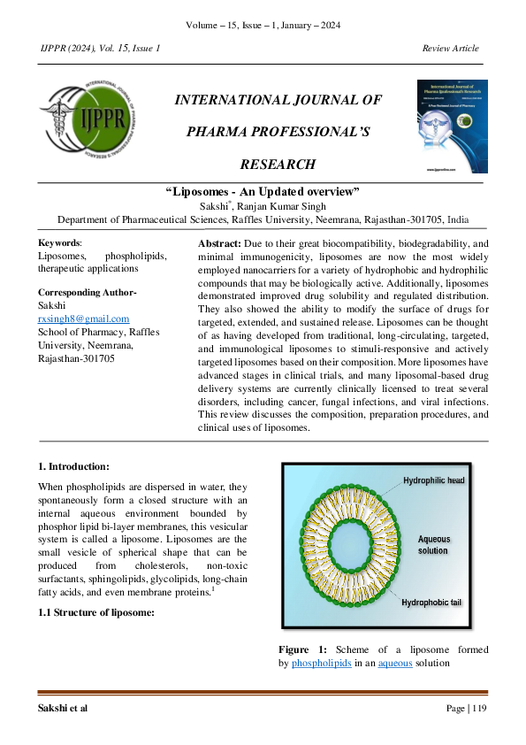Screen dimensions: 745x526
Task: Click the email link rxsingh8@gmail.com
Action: pyautogui.click(x=83, y=319)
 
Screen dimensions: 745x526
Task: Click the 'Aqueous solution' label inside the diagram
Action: pyautogui.click(x=433, y=544)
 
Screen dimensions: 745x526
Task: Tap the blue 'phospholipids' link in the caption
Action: pyautogui.click(x=320, y=663)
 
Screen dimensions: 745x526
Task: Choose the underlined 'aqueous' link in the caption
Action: pyautogui.click(x=395, y=663)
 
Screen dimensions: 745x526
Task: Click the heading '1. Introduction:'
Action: pyautogui.click(x=74, y=466)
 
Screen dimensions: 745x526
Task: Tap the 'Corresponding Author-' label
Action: pyautogui.click(x=87, y=293)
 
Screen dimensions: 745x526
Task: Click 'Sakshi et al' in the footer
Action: pyautogui.click(x=63, y=709)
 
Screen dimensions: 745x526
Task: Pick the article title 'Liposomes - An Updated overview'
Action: pyautogui.click(x=263, y=192)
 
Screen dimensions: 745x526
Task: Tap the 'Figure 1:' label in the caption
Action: pyautogui.click(x=302, y=649)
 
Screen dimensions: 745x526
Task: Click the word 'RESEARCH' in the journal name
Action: pyautogui.click(x=278, y=164)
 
